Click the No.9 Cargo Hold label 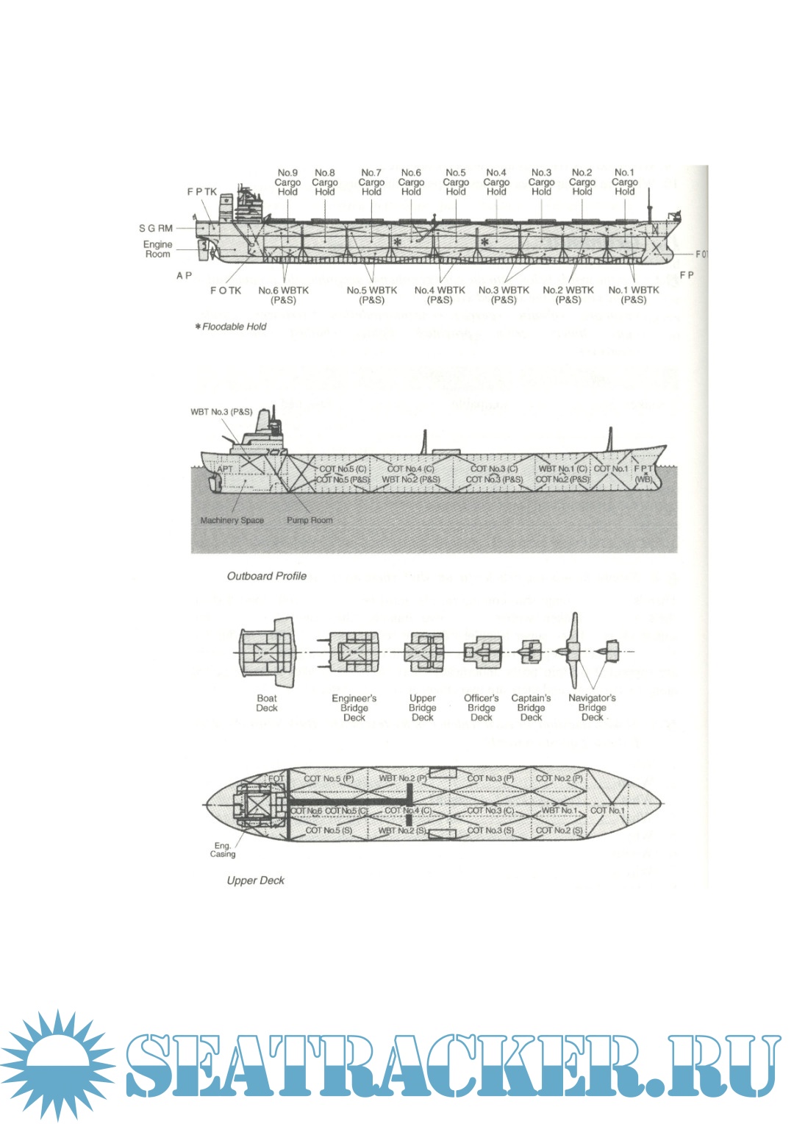[x=287, y=182]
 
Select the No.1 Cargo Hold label [x=624, y=182]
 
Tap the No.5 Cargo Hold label [x=456, y=182]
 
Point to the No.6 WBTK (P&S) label [x=284, y=295]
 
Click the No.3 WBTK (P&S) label [x=504, y=295]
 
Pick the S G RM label [x=156, y=228]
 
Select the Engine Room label [x=158, y=249]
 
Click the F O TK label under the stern [x=226, y=291]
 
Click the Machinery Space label [x=232, y=520]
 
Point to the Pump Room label [x=310, y=520]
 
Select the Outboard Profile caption [x=266, y=576]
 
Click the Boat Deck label [x=267, y=703]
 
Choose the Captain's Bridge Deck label [x=531, y=708]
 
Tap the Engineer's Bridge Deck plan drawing [x=354, y=652]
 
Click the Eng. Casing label [x=223, y=850]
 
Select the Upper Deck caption [x=255, y=881]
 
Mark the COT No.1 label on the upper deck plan [x=607, y=811]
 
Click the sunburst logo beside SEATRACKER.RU [x=57, y=1064]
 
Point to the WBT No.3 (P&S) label [x=221, y=412]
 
